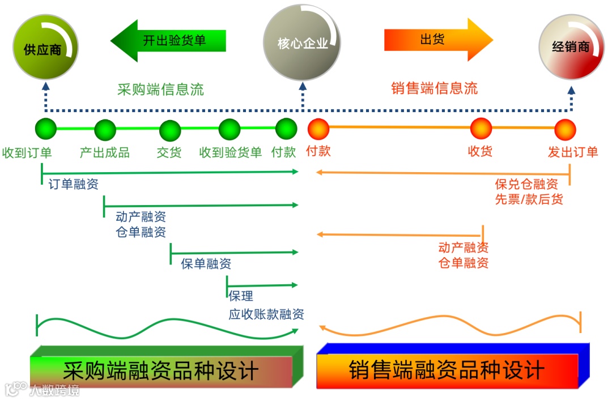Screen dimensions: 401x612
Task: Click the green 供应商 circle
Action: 45,48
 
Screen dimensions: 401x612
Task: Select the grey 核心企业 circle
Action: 303,43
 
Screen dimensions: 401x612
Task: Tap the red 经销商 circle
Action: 571,46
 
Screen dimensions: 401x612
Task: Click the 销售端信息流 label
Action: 434,88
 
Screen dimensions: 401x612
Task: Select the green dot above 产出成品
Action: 105,130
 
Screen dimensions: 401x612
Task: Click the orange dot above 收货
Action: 481,128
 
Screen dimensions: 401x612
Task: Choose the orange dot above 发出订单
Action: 565,130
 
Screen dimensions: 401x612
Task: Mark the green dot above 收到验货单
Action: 229,130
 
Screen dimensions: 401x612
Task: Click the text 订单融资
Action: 73,184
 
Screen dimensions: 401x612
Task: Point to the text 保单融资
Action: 206,263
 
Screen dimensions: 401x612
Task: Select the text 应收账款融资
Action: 266,314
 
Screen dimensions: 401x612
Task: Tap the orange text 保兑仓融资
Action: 526,184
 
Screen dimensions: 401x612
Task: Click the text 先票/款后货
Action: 529,199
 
